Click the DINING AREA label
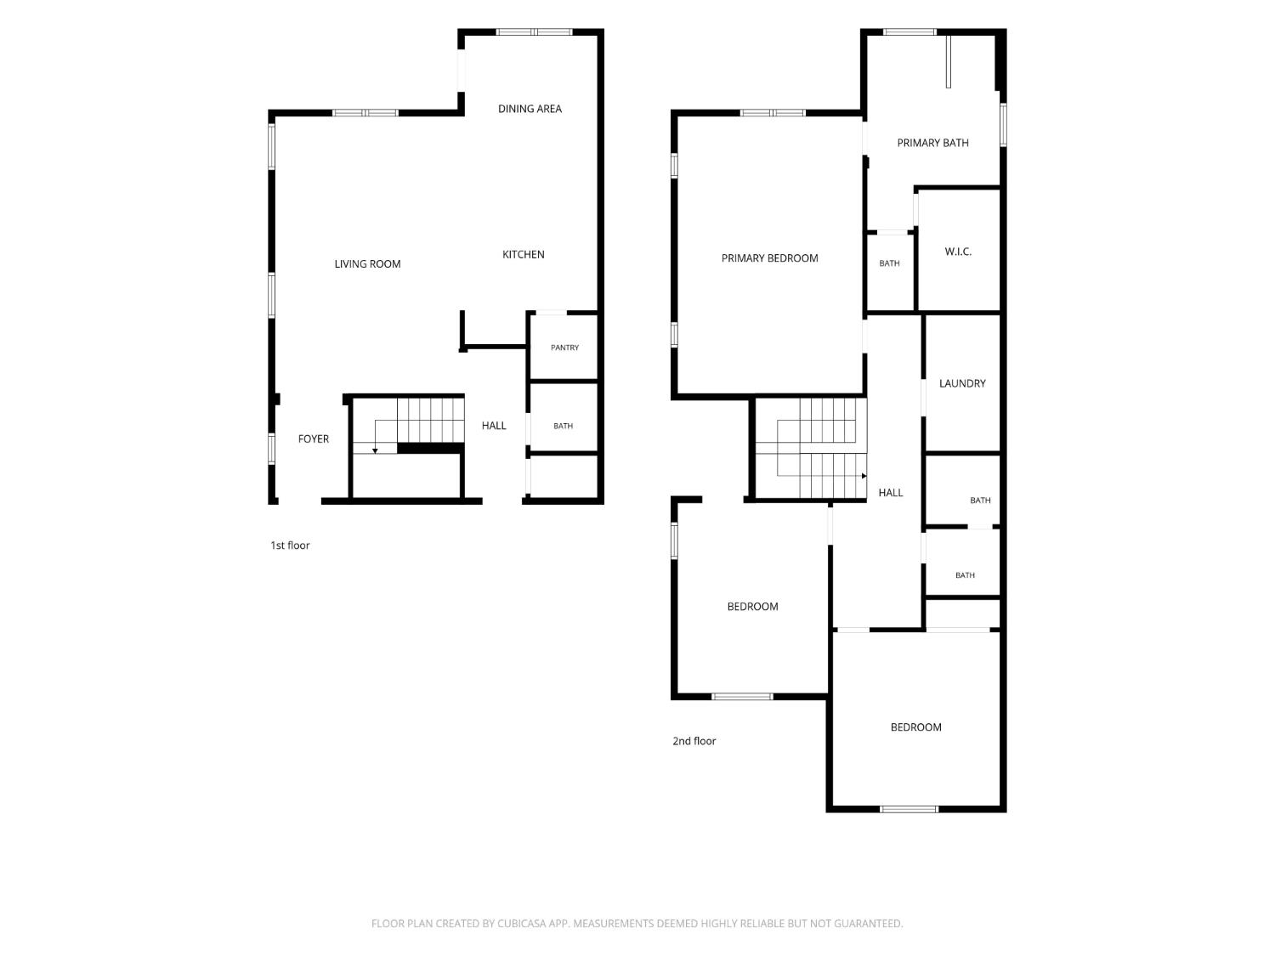530,109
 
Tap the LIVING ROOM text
367,264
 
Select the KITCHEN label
523,254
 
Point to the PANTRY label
564,348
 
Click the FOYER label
313,438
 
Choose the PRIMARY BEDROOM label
769,258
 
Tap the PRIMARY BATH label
932,143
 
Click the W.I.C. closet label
957,252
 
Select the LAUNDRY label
962,383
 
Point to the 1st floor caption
290,545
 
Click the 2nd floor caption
694,741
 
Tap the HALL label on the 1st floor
494,426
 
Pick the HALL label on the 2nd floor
891,493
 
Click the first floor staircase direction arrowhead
375,451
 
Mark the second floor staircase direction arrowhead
864,476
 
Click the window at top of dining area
534,32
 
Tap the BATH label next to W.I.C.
889,263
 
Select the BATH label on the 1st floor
563,426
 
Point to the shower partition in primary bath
948,61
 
